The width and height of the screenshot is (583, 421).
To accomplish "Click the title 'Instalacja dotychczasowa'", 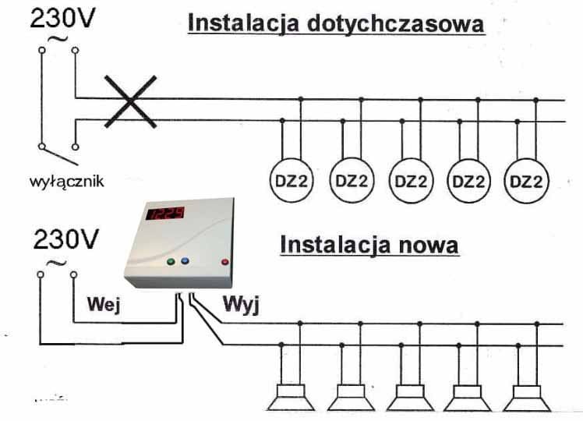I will tap(336, 23).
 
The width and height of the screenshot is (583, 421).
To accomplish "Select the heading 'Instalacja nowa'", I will tap(369, 245).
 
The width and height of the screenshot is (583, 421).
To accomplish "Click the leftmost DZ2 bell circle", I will tap(290, 181).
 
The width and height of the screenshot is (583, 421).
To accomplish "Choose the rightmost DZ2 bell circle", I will tap(526, 181).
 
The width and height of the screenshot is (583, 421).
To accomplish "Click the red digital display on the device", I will tap(166, 213).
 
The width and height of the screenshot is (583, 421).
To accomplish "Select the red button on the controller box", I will tap(226, 262).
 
